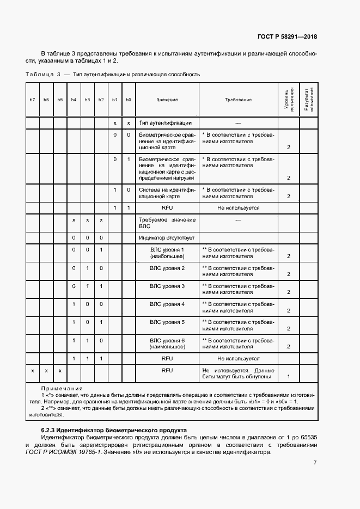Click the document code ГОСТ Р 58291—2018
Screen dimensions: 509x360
[286, 37]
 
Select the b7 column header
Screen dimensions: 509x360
[33, 100]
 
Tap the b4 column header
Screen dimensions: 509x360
[74, 100]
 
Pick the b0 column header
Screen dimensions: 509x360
[129, 100]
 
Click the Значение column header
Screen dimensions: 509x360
[167, 100]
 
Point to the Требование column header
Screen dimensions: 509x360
[238, 100]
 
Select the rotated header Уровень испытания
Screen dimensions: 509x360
[289, 100]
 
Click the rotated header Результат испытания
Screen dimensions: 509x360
[309, 100]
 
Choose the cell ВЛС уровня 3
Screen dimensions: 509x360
[167, 286]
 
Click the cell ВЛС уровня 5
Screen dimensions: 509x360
[167, 322]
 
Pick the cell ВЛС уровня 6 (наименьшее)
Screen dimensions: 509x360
[167, 343]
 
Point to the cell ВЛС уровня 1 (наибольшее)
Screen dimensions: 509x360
[167, 253]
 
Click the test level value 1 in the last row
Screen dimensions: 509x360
[289, 376]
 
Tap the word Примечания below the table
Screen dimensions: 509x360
[62, 389]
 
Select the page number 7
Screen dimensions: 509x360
[315, 463]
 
